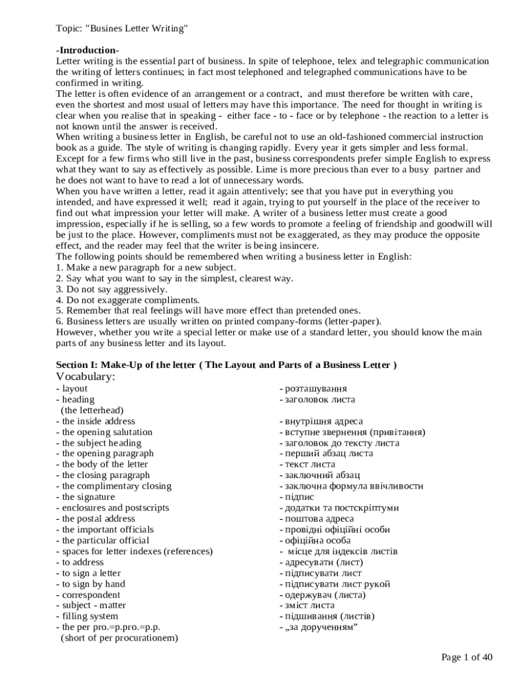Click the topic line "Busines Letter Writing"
(122, 29)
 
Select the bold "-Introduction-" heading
(87, 51)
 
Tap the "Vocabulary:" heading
(85, 377)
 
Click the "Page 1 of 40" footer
(467, 657)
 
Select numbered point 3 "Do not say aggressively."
(111, 289)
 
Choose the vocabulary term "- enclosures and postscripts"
(113, 508)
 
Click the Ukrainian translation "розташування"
(314, 389)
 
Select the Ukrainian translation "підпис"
(297, 497)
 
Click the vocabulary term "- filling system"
(87, 616)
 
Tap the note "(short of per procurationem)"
(119, 638)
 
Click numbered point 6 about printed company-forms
(218, 322)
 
